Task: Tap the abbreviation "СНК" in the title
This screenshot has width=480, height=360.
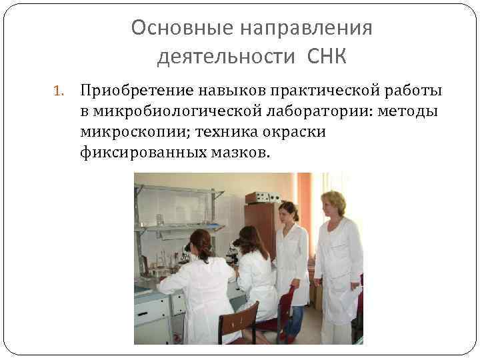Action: [x=327, y=57]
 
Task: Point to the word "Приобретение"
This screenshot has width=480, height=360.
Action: [x=133, y=90]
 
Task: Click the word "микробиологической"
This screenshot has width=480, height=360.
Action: [x=166, y=111]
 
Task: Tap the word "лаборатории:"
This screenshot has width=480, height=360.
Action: [x=315, y=111]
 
